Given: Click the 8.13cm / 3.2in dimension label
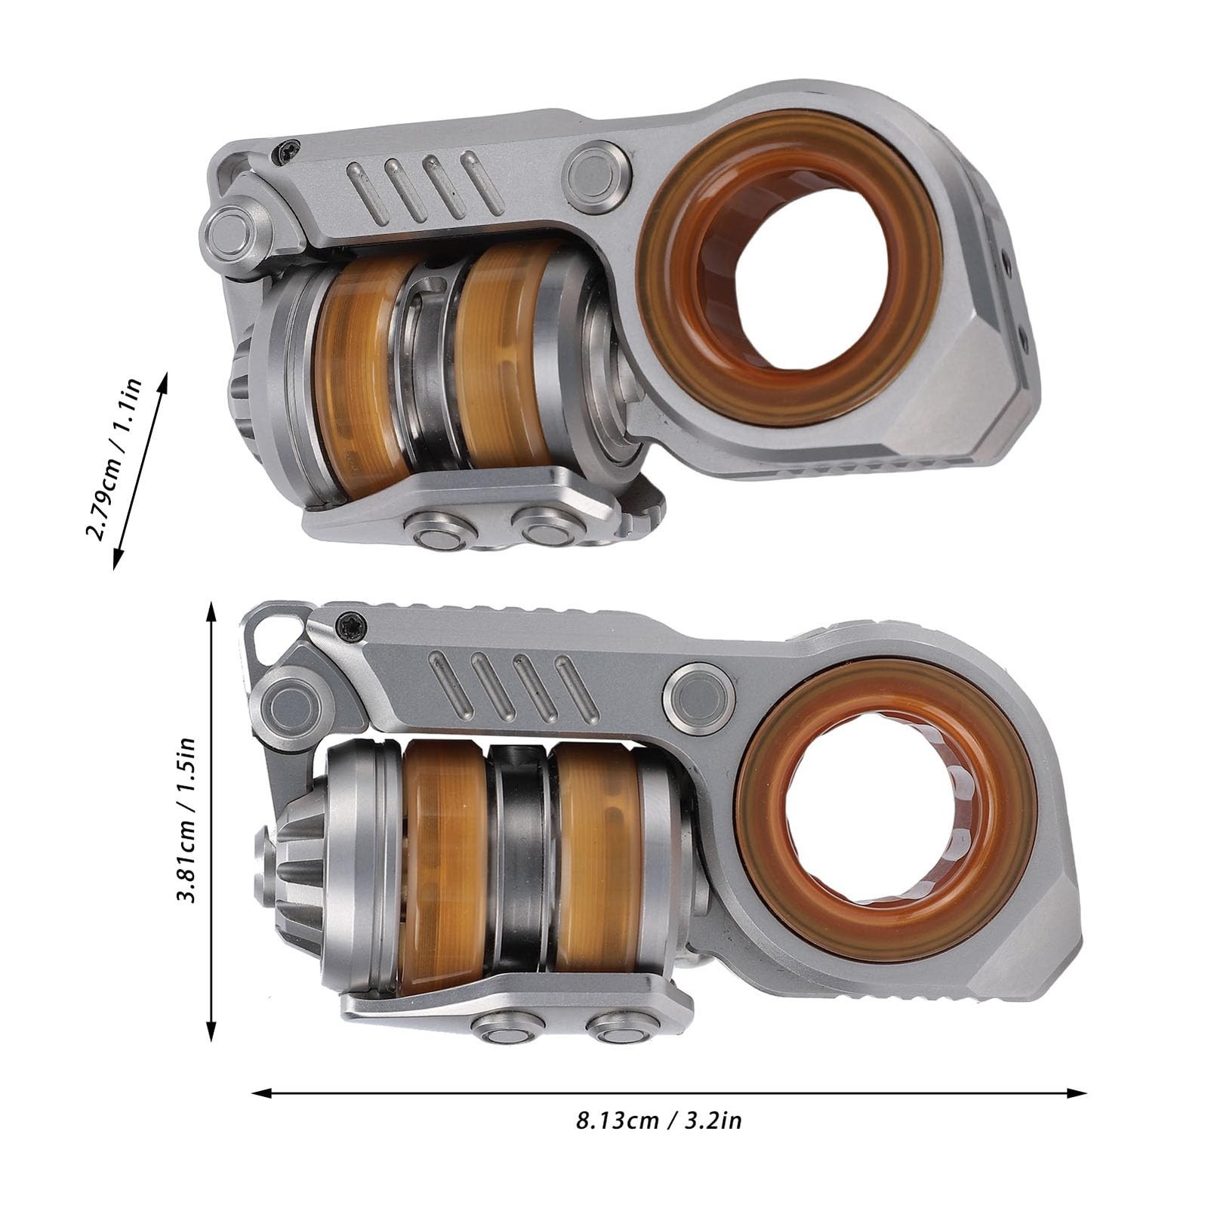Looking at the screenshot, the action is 659,1120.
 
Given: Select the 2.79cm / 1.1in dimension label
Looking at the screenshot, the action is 113,459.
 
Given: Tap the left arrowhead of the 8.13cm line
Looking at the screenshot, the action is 261,1092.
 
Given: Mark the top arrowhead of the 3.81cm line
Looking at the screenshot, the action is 211,612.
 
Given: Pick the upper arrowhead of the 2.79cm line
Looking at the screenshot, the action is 162,381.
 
